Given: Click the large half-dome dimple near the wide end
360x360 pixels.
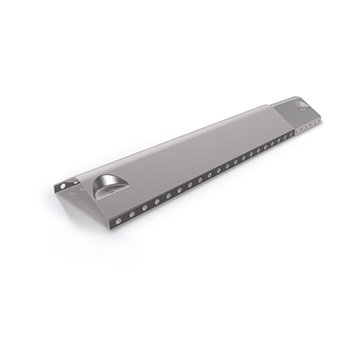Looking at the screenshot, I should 106,186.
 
